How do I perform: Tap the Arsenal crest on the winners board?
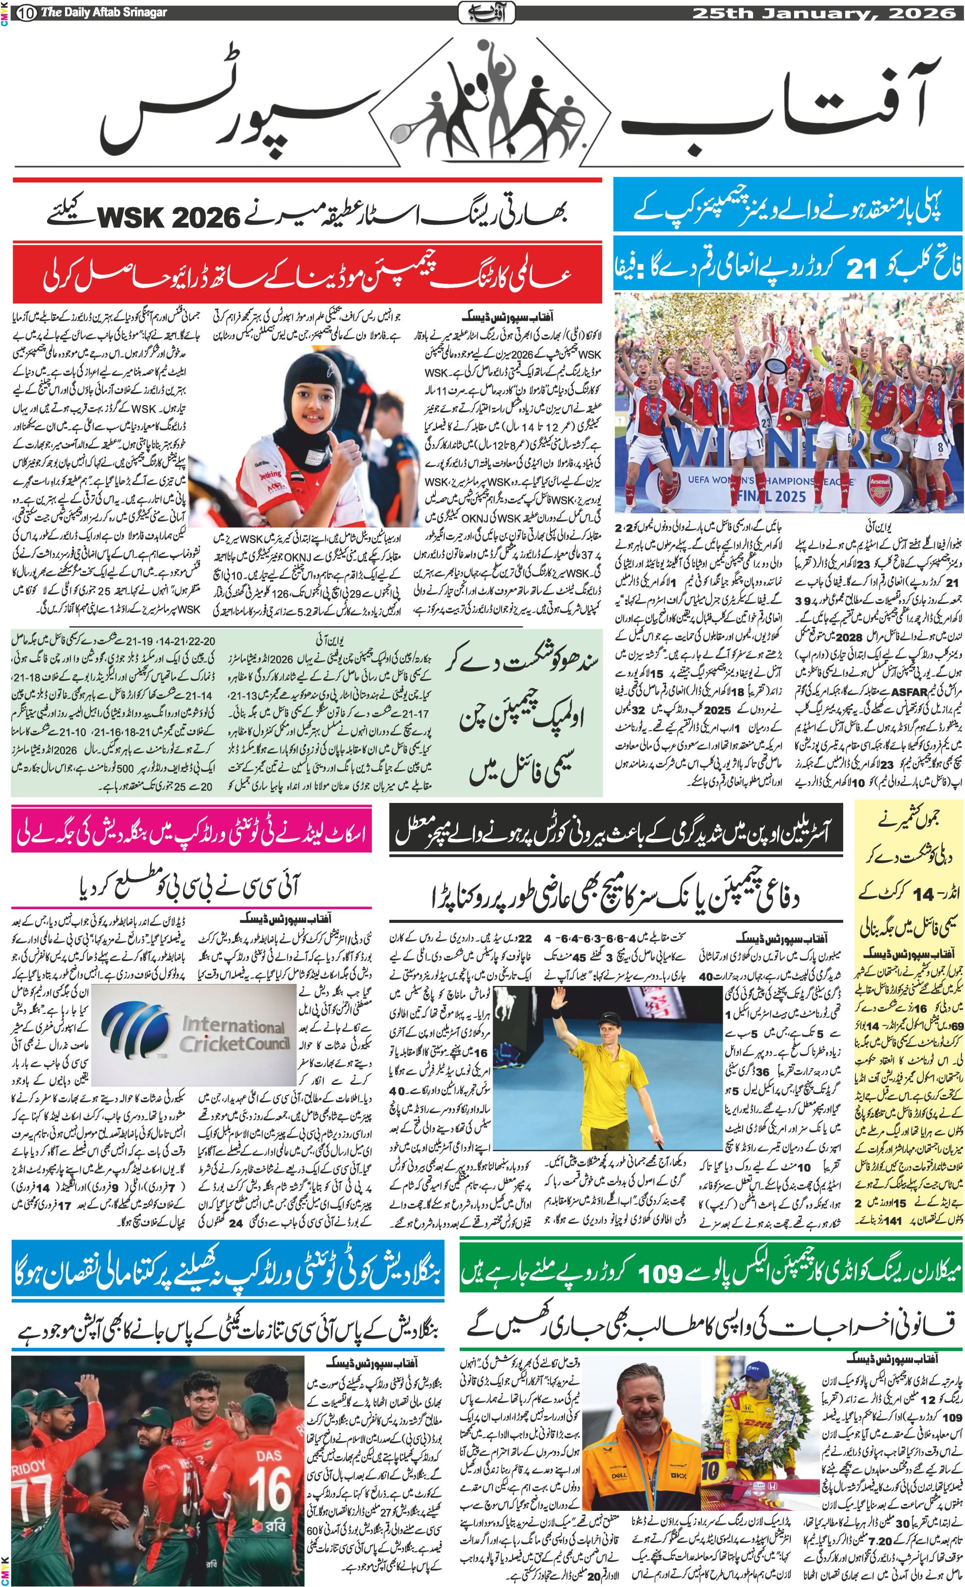878,489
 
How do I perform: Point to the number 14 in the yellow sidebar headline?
922,895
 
